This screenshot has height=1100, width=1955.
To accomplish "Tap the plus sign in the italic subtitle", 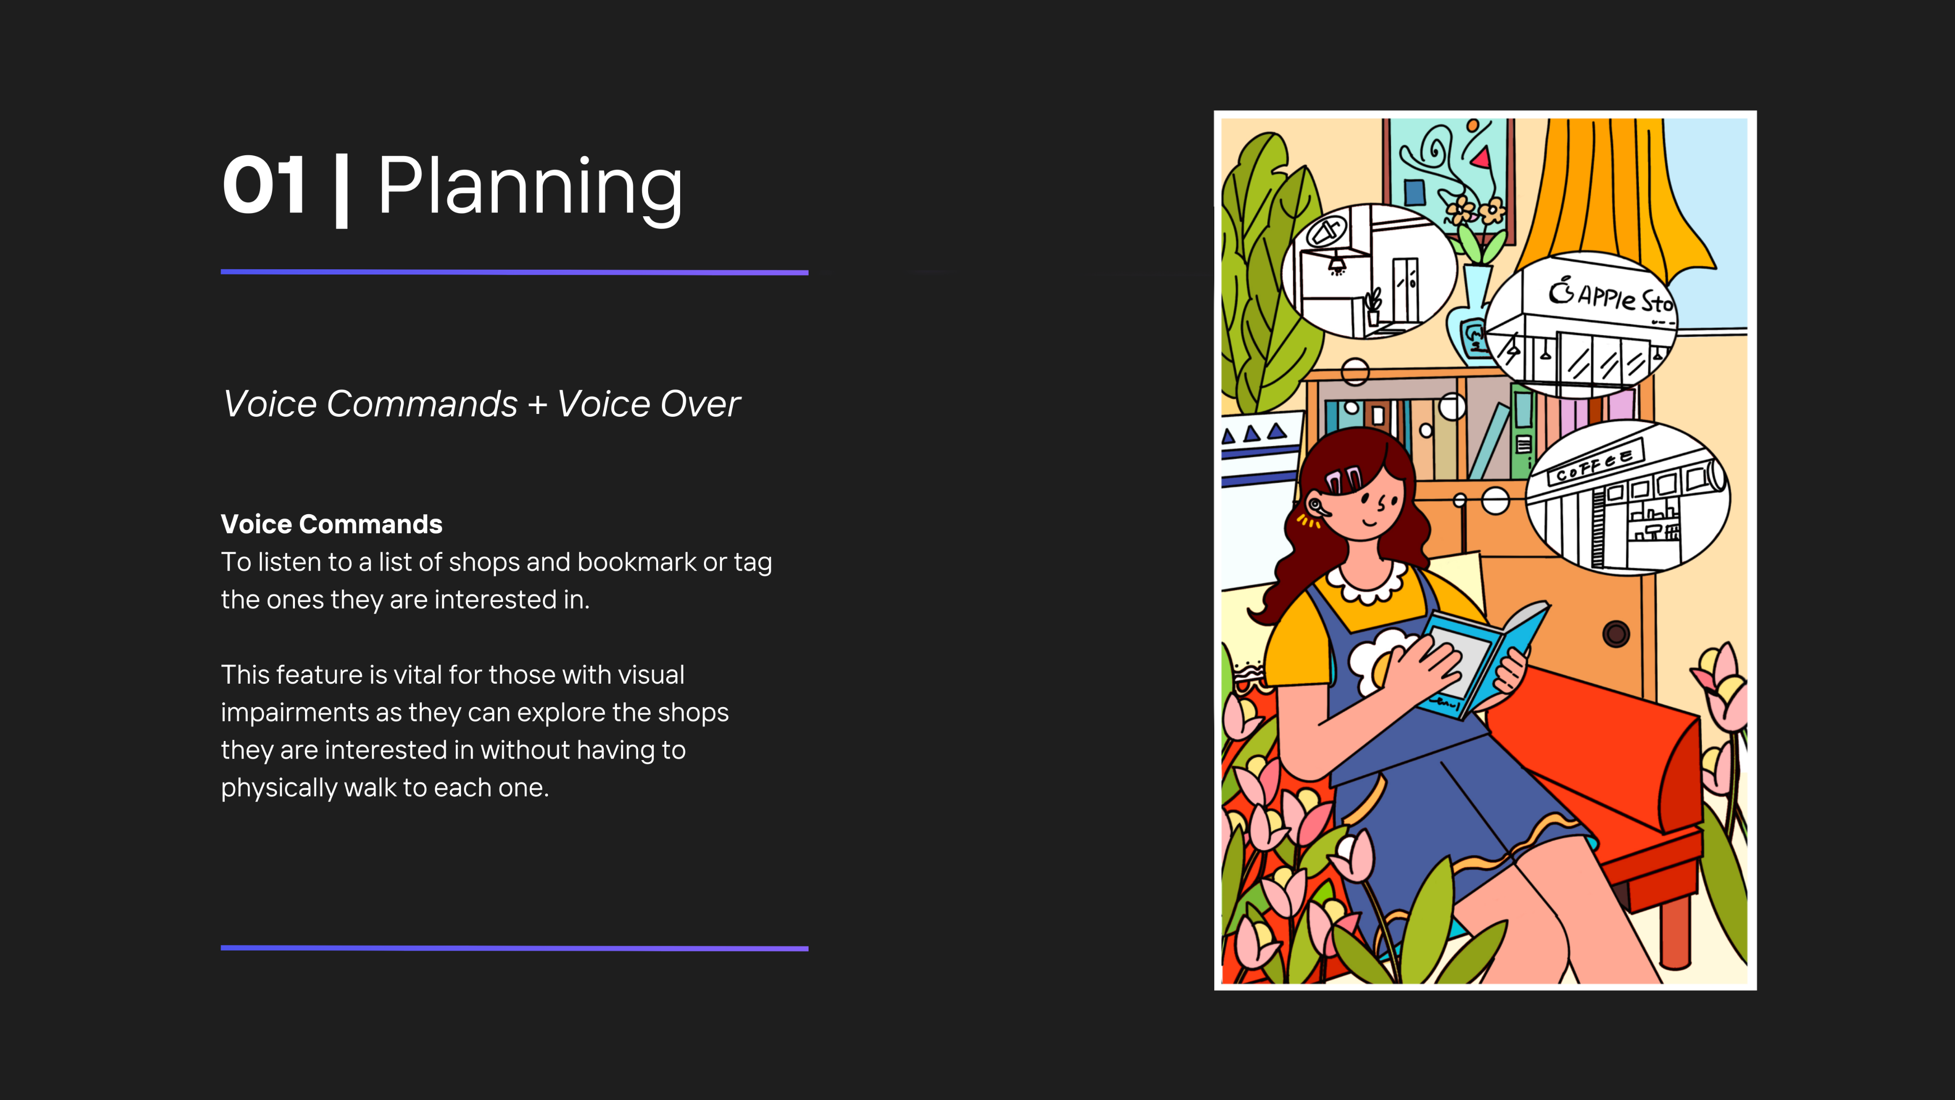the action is tap(537, 404).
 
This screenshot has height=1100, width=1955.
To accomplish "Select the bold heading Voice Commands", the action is tap(332, 524).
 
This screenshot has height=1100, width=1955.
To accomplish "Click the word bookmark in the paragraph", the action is tap(637, 562).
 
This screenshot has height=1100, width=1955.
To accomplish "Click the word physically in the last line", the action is tap(279, 788).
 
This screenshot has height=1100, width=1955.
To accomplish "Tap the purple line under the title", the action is tap(515, 272).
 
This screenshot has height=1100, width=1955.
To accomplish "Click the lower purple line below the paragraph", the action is tap(515, 948).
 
